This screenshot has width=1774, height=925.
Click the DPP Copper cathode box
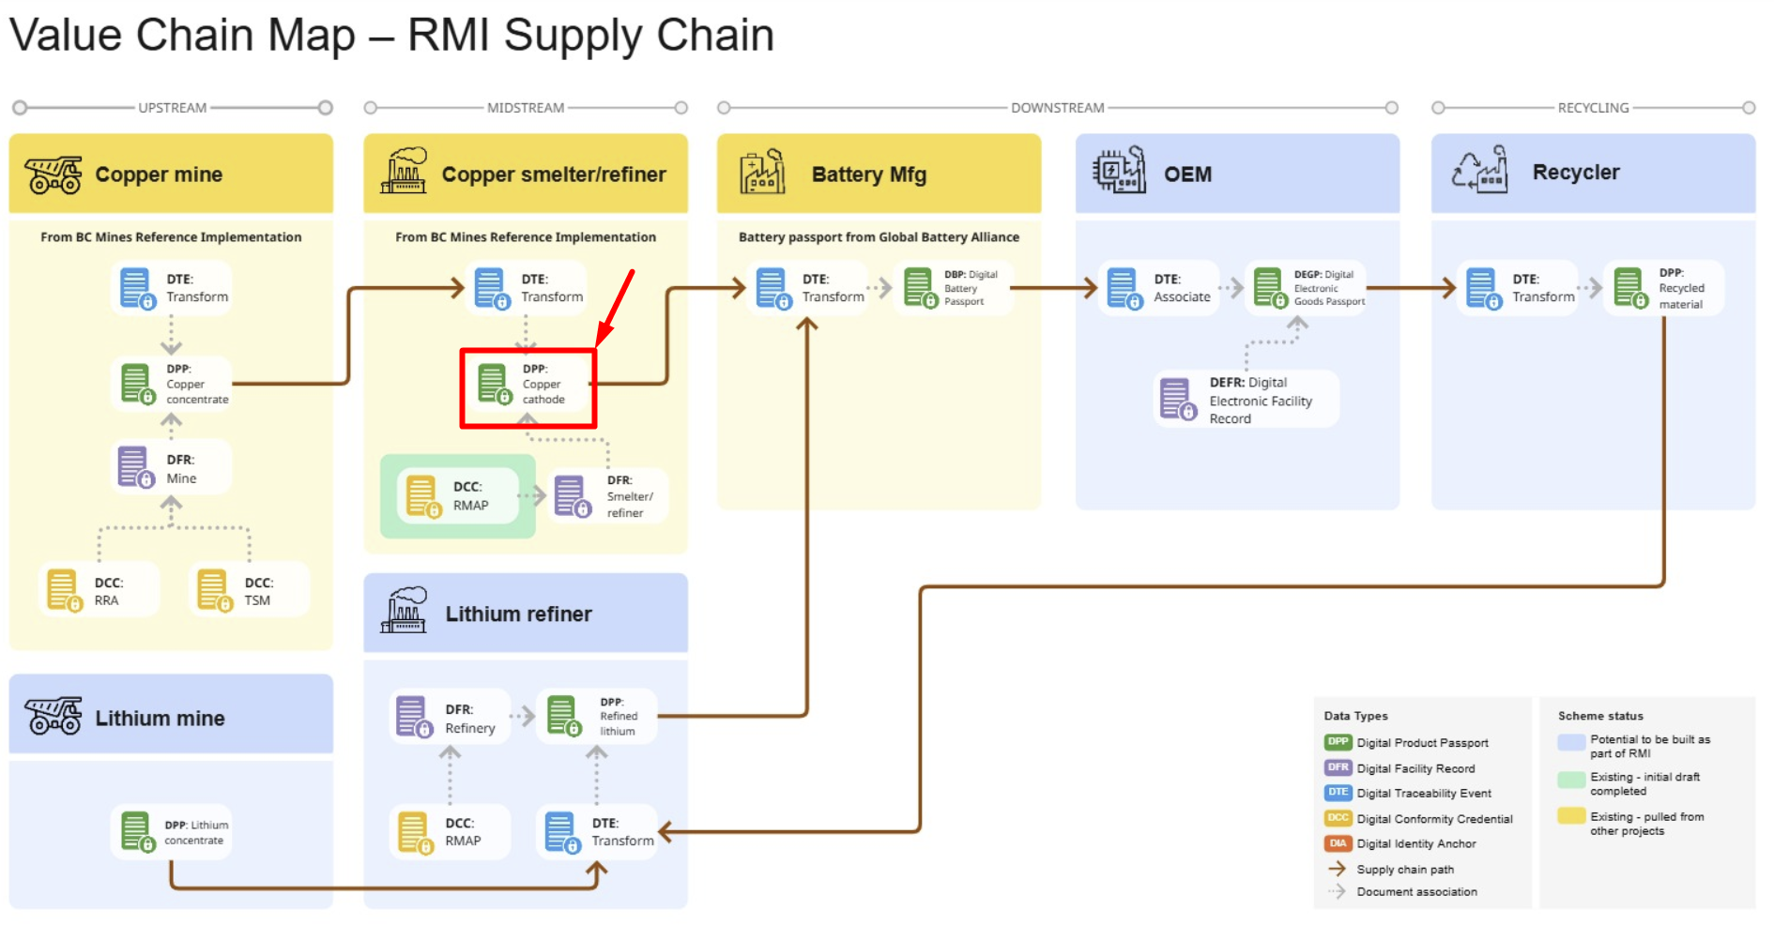528,387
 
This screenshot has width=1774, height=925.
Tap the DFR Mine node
171,468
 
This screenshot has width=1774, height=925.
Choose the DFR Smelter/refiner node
608,495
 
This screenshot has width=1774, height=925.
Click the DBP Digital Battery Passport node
953,288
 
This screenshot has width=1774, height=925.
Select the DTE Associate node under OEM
1158,288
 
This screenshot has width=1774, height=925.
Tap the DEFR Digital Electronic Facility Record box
1245,400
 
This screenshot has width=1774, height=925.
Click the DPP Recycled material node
1663,288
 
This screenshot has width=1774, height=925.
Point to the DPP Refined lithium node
596,717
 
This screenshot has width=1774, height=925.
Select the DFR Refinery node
450,719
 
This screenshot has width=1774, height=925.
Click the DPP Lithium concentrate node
171,832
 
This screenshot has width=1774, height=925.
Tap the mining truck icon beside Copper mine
54,174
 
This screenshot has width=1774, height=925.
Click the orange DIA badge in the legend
1338,843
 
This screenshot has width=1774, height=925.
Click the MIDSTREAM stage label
526,108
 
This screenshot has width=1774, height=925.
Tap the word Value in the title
66,36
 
